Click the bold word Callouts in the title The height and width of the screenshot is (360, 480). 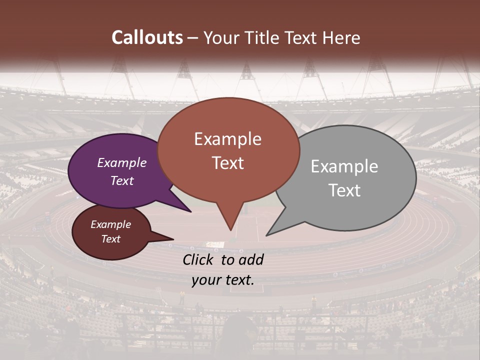coord(147,37)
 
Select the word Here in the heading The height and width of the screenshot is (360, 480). coord(341,37)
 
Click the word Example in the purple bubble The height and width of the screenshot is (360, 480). coord(122,162)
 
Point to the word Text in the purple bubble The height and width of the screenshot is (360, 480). coord(122,180)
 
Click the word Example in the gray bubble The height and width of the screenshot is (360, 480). coord(344,166)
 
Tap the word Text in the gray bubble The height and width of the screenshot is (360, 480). coord(344,190)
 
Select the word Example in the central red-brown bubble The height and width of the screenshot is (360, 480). coord(228,139)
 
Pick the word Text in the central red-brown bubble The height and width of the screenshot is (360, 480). coord(228,163)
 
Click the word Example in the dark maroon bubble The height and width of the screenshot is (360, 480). coord(111,224)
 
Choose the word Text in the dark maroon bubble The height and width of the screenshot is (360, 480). coord(111,239)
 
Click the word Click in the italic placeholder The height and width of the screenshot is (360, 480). coord(199,259)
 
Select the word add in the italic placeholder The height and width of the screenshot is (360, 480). coord(251,259)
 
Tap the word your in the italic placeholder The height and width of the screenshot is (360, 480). coord(206,280)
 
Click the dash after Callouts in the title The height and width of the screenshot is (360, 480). coord(193,38)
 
